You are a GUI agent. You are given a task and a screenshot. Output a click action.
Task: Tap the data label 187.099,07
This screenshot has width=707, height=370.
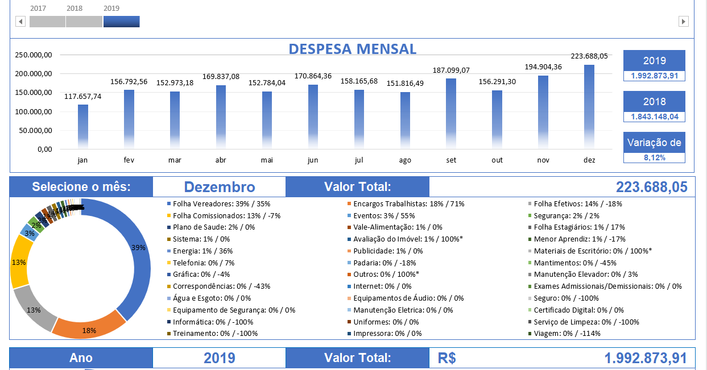pos(450,70)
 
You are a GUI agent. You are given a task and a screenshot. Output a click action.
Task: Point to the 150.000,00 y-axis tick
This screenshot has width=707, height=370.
pos(34,93)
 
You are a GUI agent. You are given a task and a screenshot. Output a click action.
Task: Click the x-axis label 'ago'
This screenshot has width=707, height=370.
pos(405,160)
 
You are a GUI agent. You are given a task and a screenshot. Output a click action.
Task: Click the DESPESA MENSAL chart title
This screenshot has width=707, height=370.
pos(353,49)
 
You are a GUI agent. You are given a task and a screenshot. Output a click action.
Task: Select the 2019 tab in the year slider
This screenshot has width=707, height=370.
pos(121,22)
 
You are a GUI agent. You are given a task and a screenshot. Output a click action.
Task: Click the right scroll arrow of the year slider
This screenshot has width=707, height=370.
pos(684,22)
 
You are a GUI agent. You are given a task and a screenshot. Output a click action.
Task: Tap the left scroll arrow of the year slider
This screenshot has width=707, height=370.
pos(20,22)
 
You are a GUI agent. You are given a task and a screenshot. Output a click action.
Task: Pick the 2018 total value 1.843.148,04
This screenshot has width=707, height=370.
pos(654,117)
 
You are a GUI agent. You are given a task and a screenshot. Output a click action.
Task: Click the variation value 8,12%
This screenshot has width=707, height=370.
pos(654,157)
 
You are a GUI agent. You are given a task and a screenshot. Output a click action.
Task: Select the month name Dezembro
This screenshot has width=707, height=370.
pos(220,187)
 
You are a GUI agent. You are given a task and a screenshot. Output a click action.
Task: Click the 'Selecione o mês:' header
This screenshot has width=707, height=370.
pos(81,187)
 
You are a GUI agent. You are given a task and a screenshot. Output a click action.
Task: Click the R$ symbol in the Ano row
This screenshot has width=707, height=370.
pos(447,358)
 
